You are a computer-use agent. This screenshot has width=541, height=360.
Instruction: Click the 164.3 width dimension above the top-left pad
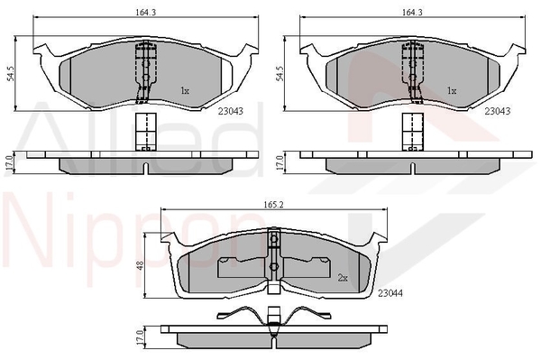pyautogui.click(x=146, y=12)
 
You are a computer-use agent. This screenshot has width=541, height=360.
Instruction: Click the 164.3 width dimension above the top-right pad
pyautogui.click(x=412, y=12)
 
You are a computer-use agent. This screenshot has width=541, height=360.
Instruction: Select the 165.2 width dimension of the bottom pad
pyautogui.click(x=273, y=205)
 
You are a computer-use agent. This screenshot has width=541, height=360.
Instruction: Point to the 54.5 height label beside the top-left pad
pyautogui.click(x=11, y=73)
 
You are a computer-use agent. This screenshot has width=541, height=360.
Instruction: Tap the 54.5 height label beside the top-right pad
pyautogui.click(x=280, y=73)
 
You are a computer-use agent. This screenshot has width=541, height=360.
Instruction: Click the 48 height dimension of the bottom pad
pyautogui.click(x=141, y=266)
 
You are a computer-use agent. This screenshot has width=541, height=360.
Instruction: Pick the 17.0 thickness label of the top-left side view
pyautogui.click(x=9, y=163)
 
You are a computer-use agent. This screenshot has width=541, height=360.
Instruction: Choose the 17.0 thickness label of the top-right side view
pyautogui.click(x=280, y=163)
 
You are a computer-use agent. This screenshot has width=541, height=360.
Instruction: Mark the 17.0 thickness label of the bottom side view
pyautogui.click(x=139, y=337)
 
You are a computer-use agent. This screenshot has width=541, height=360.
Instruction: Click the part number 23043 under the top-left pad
pyautogui.click(x=231, y=111)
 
